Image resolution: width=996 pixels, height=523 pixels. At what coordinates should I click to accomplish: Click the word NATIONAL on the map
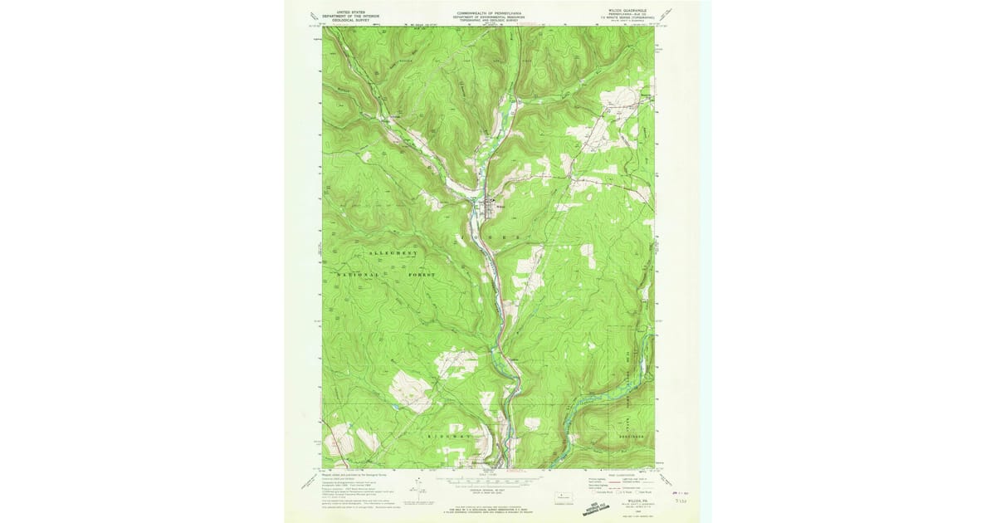[358, 275]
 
